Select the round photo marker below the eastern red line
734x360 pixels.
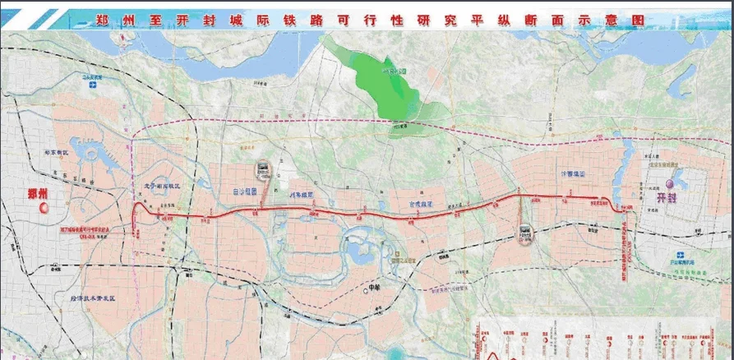pos(524,233)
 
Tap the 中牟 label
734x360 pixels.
pos(376,288)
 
